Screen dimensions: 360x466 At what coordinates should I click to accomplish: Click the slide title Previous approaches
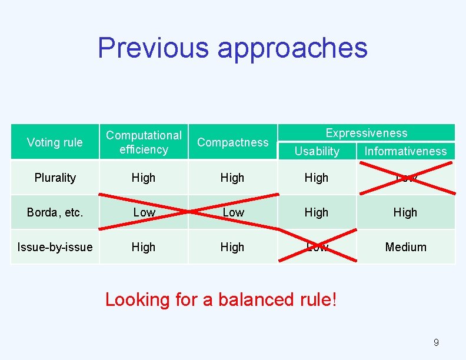(x=232, y=48)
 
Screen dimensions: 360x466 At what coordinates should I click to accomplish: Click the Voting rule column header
(x=55, y=142)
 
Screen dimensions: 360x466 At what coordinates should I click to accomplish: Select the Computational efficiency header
(x=144, y=142)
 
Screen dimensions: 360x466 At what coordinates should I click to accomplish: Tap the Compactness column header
(x=232, y=142)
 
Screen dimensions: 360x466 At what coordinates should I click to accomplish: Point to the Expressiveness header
(x=366, y=133)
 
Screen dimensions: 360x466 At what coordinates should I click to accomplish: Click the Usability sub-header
(x=317, y=151)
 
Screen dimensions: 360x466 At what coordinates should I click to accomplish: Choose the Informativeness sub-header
(x=405, y=151)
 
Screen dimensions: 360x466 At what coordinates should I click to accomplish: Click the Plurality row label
(x=55, y=178)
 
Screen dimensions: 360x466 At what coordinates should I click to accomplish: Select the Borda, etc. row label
(x=55, y=212)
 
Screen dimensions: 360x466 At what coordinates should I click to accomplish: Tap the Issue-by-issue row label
(x=55, y=247)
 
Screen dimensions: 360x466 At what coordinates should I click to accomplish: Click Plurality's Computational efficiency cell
(x=144, y=178)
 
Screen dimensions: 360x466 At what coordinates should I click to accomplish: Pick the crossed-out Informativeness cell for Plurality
(x=405, y=178)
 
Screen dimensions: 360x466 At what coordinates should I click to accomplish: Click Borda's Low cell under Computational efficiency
(x=144, y=212)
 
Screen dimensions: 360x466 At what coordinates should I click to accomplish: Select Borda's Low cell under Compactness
(x=232, y=212)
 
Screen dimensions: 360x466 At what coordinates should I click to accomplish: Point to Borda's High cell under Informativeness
(x=405, y=212)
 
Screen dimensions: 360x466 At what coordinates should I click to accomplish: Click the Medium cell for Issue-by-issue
(x=405, y=247)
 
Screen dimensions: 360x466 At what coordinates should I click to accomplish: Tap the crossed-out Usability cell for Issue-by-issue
(x=317, y=247)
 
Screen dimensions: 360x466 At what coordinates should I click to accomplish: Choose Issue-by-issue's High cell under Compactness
(x=232, y=247)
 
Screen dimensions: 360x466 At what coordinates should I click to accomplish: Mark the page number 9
(x=436, y=342)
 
